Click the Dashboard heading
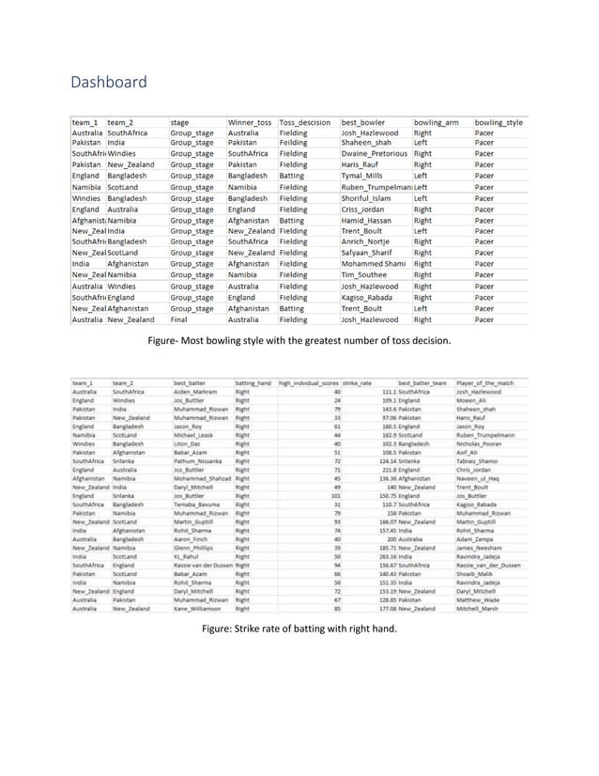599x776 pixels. coord(109,83)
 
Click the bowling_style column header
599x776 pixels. coord(499,123)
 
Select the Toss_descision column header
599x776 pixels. coord(305,123)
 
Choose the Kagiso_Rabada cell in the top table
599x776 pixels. coord(368,298)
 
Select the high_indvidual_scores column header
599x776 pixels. coord(308,383)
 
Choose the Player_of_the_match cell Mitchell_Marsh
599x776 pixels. coord(480,608)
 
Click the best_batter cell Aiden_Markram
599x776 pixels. coord(196,392)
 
